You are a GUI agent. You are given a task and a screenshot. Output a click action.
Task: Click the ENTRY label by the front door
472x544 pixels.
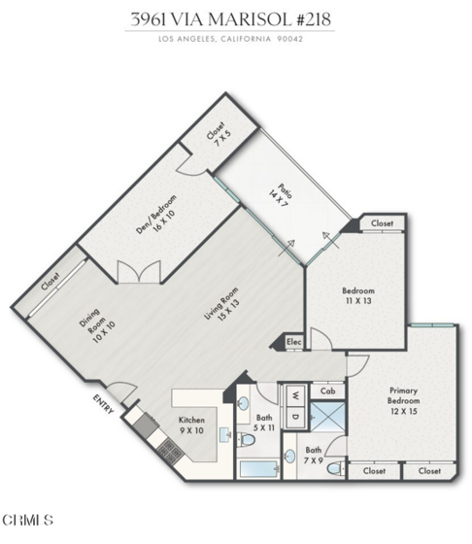point(103,404)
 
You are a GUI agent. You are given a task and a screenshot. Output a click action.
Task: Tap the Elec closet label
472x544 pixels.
point(293,342)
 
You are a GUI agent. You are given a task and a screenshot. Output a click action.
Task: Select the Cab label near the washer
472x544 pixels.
point(327,391)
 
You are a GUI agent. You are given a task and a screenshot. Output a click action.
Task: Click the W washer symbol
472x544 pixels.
point(295,394)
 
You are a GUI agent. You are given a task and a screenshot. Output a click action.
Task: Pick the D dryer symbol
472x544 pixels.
point(295,417)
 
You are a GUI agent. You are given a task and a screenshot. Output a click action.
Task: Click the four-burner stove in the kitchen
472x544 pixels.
point(171,452)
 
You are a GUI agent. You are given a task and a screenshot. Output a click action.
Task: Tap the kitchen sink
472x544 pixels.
point(225,434)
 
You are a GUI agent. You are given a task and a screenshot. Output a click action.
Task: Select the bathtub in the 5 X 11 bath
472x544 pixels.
point(259,469)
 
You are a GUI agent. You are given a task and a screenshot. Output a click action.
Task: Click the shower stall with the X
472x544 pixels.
point(327,417)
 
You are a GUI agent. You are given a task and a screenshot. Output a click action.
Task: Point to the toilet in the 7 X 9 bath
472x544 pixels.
point(336,469)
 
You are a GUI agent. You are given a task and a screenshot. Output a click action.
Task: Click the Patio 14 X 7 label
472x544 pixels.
point(281,196)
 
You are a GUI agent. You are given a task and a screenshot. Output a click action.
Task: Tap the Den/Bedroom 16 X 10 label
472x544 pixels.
point(156,215)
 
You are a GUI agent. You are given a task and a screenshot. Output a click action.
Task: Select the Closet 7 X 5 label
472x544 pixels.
point(219,134)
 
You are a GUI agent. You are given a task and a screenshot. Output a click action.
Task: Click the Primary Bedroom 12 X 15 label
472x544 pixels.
point(403,401)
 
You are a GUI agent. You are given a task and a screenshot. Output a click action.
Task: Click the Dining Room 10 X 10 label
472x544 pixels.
point(96,326)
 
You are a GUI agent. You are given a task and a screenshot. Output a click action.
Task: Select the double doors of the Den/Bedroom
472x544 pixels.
point(139,272)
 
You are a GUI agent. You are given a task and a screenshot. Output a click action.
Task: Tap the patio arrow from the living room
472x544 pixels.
point(287,248)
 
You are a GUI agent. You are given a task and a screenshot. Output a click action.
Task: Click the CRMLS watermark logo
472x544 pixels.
point(28,520)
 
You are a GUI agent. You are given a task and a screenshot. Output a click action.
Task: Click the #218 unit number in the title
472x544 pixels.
point(315,19)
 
